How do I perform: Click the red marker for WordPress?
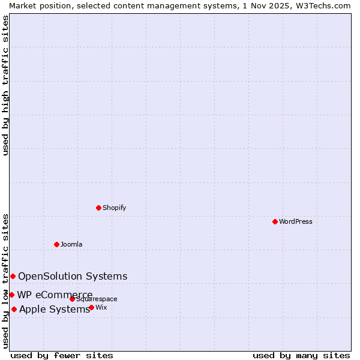(275, 221)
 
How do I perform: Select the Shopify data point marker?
(98, 208)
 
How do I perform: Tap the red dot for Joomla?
(56, 244)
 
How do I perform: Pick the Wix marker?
(91, 307)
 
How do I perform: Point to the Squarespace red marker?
(72, 299)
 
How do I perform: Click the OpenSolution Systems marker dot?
(13, 276)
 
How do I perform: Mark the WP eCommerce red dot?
(11, 295)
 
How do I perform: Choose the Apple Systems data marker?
(14, 309)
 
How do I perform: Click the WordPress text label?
(295, 221)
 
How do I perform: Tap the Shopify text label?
(114, 208)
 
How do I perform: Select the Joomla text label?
(71, 244)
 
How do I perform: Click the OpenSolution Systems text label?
(73, 276)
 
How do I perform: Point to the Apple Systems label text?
(55, 309)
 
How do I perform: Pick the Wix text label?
(101, 307)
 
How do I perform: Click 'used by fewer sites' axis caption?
(62, 355)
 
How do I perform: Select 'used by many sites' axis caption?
(301, 355)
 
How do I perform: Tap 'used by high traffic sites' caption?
(5, 85)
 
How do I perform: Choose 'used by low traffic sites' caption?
(5, 281)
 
